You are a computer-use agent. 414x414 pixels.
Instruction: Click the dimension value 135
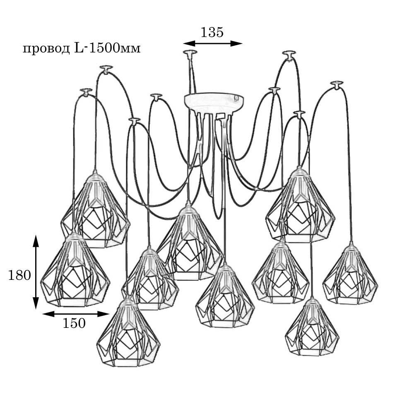tap(212, 32)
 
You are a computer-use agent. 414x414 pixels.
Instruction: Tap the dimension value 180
tap(19, 275)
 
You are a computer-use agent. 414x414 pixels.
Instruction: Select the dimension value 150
tap(74, 323)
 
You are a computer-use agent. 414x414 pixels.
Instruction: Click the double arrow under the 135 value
tap(212, 43)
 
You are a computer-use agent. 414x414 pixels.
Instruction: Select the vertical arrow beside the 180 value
tap(36, 272)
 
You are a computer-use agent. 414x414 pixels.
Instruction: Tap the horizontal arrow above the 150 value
tap(75, 314)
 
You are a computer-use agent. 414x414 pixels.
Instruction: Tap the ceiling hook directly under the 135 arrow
tap(190, 53)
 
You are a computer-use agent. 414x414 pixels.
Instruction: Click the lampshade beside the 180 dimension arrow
tap(75, 271)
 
